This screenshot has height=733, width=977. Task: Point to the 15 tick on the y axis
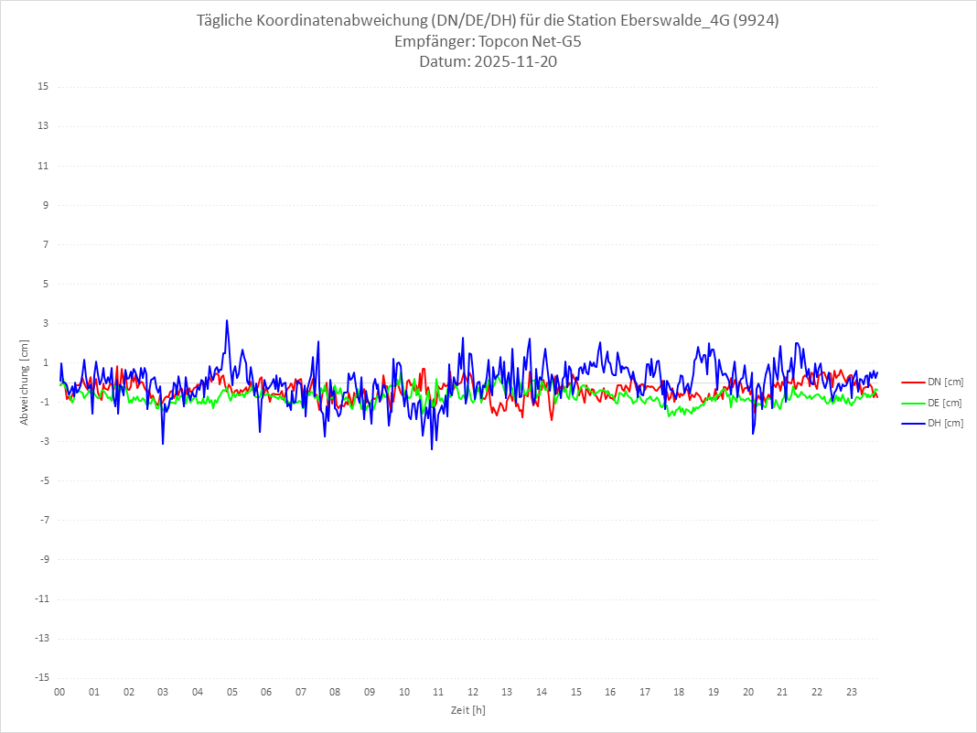[43, 87]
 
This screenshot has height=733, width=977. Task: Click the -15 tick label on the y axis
[41, 677]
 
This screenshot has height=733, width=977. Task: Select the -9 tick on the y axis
[43, 559]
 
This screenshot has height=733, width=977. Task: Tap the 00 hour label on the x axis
[59, 692]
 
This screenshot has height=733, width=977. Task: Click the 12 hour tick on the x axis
[473, 692]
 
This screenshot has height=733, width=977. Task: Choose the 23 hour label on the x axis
[852, 692]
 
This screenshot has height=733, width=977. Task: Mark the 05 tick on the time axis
[231, 692]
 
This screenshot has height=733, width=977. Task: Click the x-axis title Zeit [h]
[468, 709]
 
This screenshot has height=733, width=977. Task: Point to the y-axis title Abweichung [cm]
[25, 383]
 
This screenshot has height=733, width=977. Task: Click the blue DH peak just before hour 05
[227, 320]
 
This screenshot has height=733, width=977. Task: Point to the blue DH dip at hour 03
[163, 444]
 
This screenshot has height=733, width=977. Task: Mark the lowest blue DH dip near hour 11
[432, 448]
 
